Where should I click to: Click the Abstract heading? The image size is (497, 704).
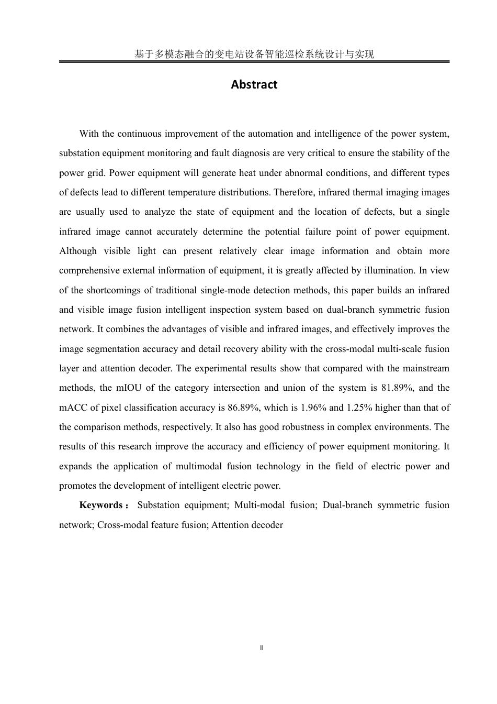click(x=254, y=85)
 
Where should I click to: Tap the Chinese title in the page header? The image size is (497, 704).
click(x=254, y=54)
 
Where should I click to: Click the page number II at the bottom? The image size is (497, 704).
click(x=262, y=648)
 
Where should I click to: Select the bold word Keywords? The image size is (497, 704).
click(x=101, y=505)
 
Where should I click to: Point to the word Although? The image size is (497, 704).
click(x=78, y=251)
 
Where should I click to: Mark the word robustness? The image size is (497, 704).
click(x=299, y=427)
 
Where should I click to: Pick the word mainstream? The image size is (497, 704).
click(x=427, y=368)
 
